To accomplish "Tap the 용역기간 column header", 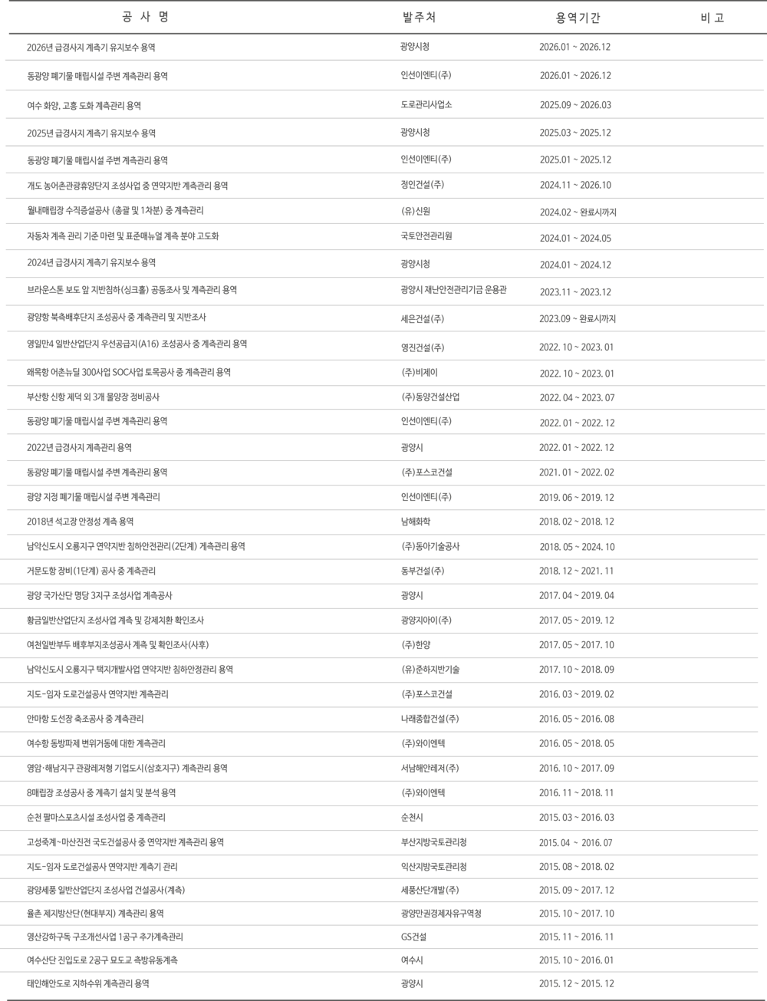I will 578,18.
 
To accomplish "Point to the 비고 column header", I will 712,18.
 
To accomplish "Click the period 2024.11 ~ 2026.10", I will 574,185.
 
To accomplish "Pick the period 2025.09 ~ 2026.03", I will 574,104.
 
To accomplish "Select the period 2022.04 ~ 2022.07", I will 576,397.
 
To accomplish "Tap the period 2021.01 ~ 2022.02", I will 576,473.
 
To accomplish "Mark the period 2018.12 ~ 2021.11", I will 576,571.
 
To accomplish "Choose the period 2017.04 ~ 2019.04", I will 576,595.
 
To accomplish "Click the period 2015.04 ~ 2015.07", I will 576,842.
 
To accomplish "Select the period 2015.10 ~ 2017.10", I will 576,914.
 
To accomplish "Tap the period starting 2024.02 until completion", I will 578,212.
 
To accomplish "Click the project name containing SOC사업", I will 128,373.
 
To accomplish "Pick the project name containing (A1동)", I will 136,344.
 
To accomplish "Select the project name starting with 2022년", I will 79,448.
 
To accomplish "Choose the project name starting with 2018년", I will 80,522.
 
